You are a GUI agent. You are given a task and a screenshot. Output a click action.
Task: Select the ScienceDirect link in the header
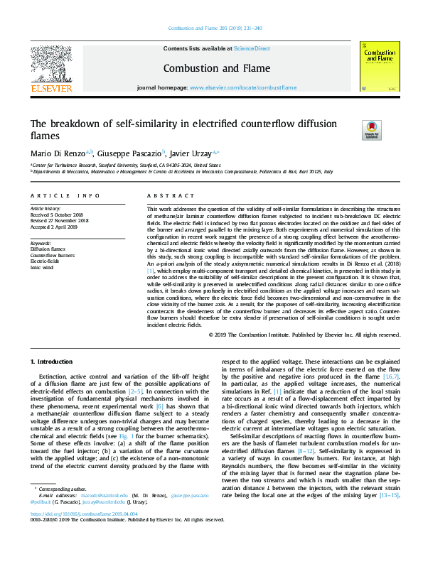[252, 48]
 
